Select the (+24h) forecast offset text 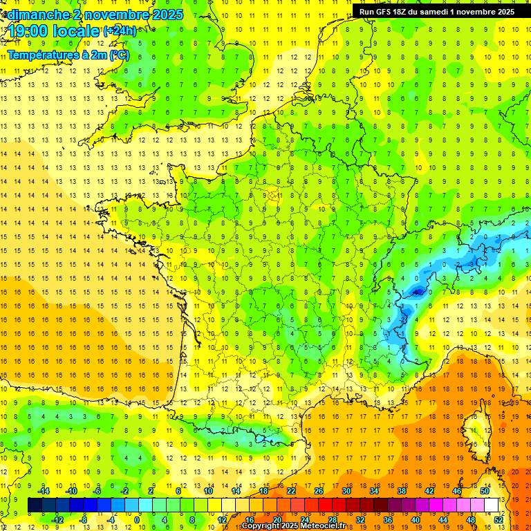120,31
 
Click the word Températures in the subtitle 39,55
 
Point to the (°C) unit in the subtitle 118,55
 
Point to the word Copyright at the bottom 263,526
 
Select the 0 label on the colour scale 137,519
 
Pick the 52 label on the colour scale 499,519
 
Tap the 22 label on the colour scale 291,491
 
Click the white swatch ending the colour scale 492,505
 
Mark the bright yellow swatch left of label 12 214,505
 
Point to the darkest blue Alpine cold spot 417,292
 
